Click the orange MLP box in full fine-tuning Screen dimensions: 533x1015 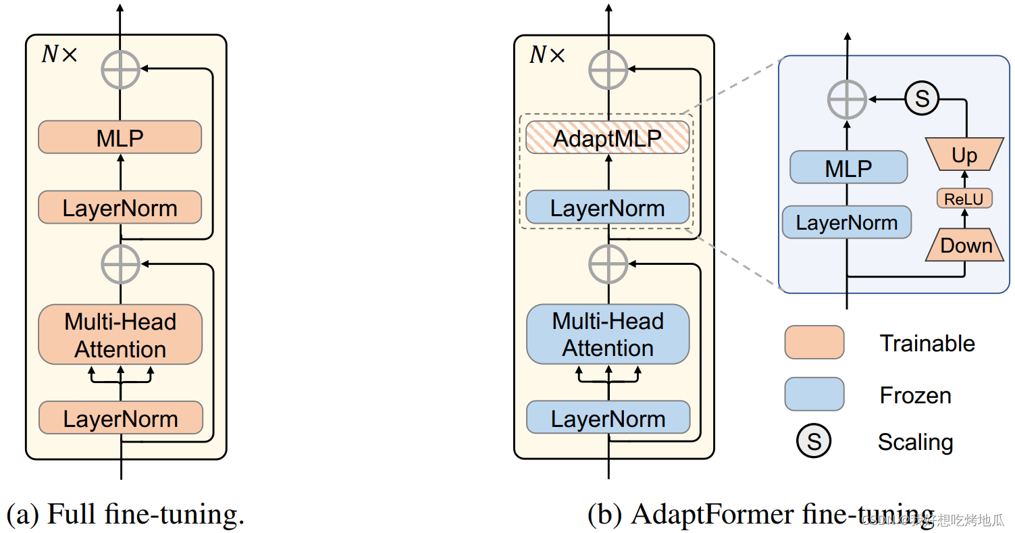[x=120, y=138]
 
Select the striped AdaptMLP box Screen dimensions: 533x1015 [x=608, y=138]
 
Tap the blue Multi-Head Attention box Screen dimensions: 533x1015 [x=608, y=334]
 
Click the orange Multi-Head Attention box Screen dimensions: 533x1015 [x=120, y=335]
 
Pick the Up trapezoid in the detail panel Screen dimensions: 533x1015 [x=964, y=155]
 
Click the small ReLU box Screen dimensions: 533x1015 [x=964, y=199]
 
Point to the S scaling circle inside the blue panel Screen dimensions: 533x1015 [x=922, y=99]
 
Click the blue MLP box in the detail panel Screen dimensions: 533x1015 [x=848, y=168]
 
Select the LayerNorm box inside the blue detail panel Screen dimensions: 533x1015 [x=847, y=222]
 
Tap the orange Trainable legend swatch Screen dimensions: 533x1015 [x=814, y=342]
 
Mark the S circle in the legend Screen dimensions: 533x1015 [x=814, y=442]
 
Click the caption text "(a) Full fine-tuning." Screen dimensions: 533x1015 [x=126, y=515]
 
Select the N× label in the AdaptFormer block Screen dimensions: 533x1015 [x=546, y=55]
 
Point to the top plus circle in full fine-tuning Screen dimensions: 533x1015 [x=120, y=69]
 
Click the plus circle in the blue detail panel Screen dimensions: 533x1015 [x=847, y=99]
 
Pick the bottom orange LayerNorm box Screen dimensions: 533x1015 [x=120, y=418]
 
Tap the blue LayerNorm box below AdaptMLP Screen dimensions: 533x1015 [x=608, y=207]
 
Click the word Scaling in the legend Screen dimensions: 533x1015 [x=915, y=442]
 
